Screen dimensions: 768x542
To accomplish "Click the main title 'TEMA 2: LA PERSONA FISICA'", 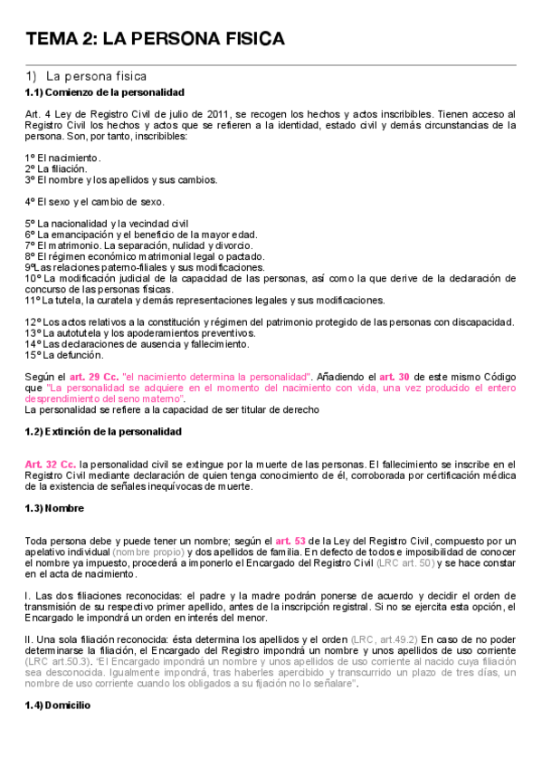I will pos(155,39).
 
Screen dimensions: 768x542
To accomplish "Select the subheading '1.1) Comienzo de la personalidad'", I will pos(105,92).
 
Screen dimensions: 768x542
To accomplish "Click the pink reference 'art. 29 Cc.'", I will pos(94,376).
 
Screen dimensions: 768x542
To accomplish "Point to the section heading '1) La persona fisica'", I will pos(86,76).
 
